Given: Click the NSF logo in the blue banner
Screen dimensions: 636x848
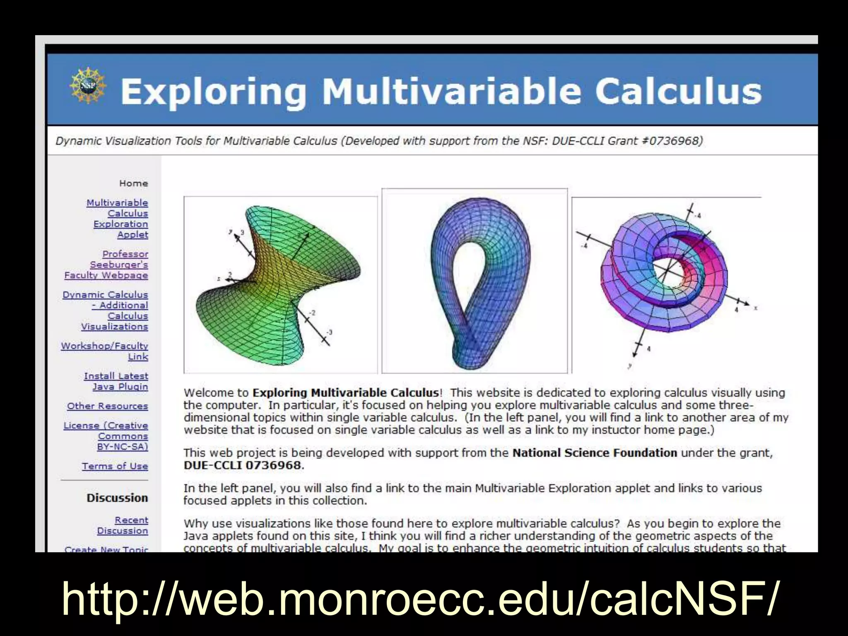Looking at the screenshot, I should click(x=87, y=85).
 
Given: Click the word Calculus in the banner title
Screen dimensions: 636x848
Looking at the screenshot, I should click(x=678, y=91).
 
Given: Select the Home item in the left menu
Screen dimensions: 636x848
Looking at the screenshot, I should click(x=133, y=183).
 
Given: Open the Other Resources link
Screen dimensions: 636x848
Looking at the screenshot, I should click(x=108, y=406).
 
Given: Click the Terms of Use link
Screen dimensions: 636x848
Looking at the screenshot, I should click(x=115, y=466).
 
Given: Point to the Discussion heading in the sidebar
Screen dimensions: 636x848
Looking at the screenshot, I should click(x=117, y=498).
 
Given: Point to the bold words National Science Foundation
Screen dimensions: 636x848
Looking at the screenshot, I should click(x=595, y=453).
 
